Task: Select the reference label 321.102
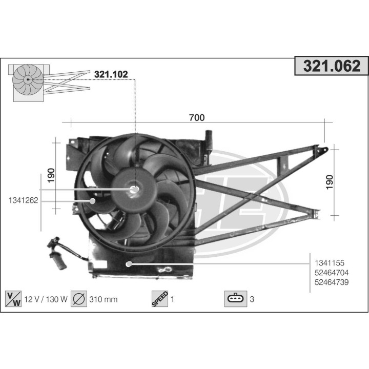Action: coord(110,74)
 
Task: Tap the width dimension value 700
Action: coord(196,117)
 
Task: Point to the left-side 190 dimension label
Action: coord(51,174)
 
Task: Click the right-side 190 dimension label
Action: coord(329,182)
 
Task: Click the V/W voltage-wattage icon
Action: coord(13,299)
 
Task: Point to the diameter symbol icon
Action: coord(79,299)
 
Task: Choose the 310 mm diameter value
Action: coord(104,299)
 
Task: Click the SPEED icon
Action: coord(160,299)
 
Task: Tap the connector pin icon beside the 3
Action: coord(235,299)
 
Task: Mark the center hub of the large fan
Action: coord(135,190)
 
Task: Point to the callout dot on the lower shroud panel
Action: coord(128,263)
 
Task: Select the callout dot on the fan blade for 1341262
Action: coord(93,200)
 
